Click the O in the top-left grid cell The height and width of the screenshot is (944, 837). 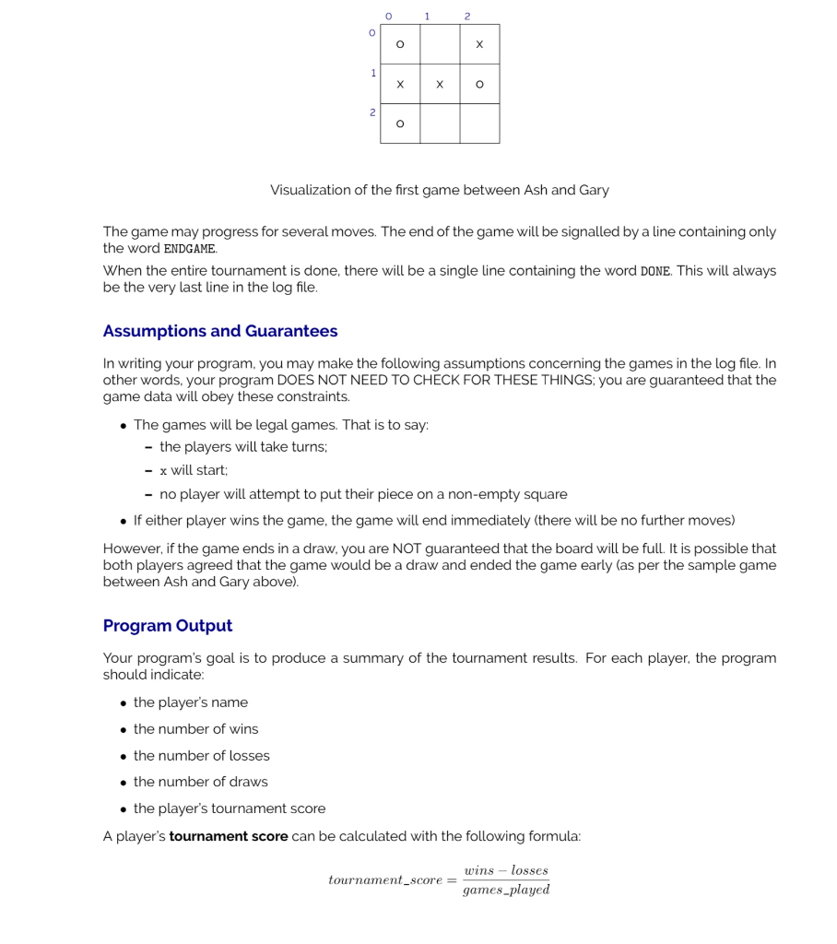tap(400, 44)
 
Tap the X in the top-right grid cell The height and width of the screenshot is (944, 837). tap(479, 44)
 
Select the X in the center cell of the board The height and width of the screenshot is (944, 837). tap(440, 84)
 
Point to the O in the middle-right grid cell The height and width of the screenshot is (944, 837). tap(479, 84)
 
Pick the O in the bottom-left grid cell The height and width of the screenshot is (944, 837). tap(400, 124)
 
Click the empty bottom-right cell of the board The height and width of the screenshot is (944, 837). tap(479, 124)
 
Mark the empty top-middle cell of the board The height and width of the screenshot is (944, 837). tap(440, 44)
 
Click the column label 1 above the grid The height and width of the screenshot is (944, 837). tap(427, 16)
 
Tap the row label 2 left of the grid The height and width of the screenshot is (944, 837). tap(372, 112)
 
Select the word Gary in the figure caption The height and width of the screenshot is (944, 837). tap(594, 190)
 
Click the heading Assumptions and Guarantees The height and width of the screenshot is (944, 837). tap(220, 331)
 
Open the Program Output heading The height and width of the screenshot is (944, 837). tap(168, 626)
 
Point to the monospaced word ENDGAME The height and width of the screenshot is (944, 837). tap(190, 249)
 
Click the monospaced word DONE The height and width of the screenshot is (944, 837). tap(654, 271)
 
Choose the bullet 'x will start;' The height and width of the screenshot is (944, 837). tap(193, 470)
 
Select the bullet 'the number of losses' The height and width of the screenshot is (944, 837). tap(201, 756)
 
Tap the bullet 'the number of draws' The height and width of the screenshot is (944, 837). tap(200, 782)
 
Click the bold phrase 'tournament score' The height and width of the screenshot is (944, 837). tap(229, 836)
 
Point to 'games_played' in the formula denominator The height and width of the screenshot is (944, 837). tap(506, 891)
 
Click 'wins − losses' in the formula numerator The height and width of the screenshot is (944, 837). tap(506, 870)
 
